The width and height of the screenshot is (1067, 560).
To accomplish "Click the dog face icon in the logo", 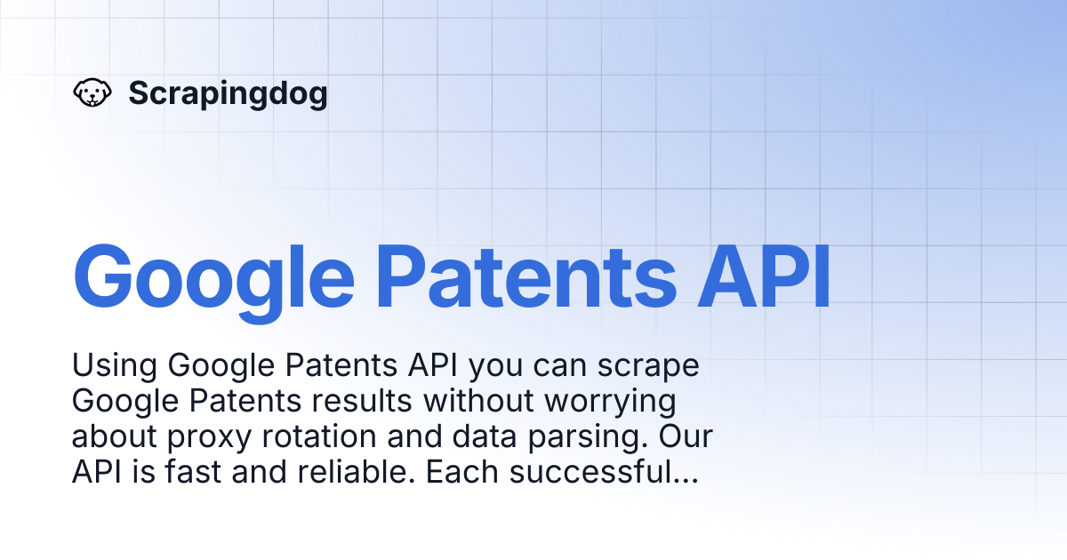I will point(91,92).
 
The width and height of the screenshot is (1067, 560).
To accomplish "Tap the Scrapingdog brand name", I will point(228,93).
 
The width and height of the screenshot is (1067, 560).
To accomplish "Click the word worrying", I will point(614,403).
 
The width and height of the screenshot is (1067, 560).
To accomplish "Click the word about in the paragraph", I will point(111,437).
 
